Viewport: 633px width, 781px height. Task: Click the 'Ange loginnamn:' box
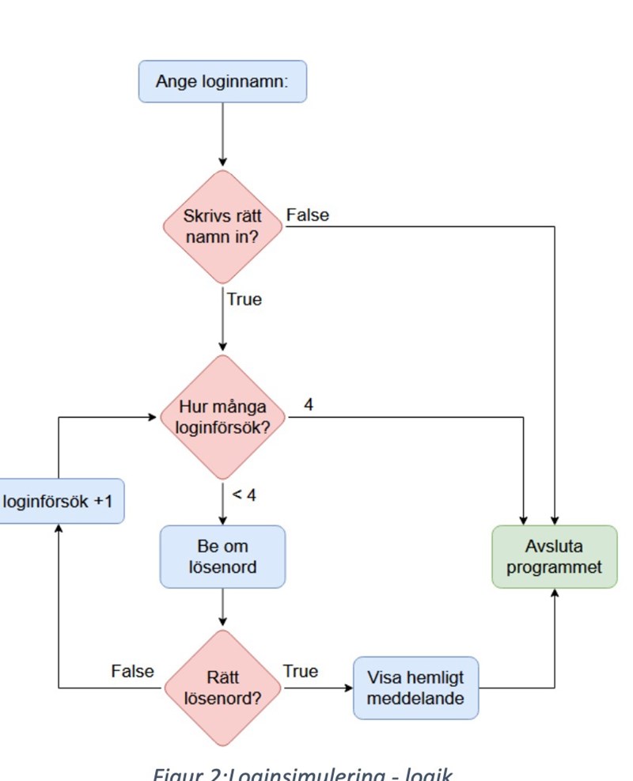(222, 82)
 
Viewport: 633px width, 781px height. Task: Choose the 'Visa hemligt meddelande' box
(415, 688)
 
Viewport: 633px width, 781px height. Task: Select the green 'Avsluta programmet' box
(554, 557)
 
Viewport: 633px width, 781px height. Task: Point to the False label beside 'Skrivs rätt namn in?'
(309, 215)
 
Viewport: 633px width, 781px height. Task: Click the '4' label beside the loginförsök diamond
(309, 404)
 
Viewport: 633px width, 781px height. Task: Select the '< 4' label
(244, 495)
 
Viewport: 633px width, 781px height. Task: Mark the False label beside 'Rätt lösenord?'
(132, 672)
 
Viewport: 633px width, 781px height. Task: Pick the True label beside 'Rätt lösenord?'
(301, 672)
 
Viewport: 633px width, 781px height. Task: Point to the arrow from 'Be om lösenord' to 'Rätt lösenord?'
(222, 609)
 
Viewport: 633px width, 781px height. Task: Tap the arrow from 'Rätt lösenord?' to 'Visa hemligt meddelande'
(316, 688)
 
